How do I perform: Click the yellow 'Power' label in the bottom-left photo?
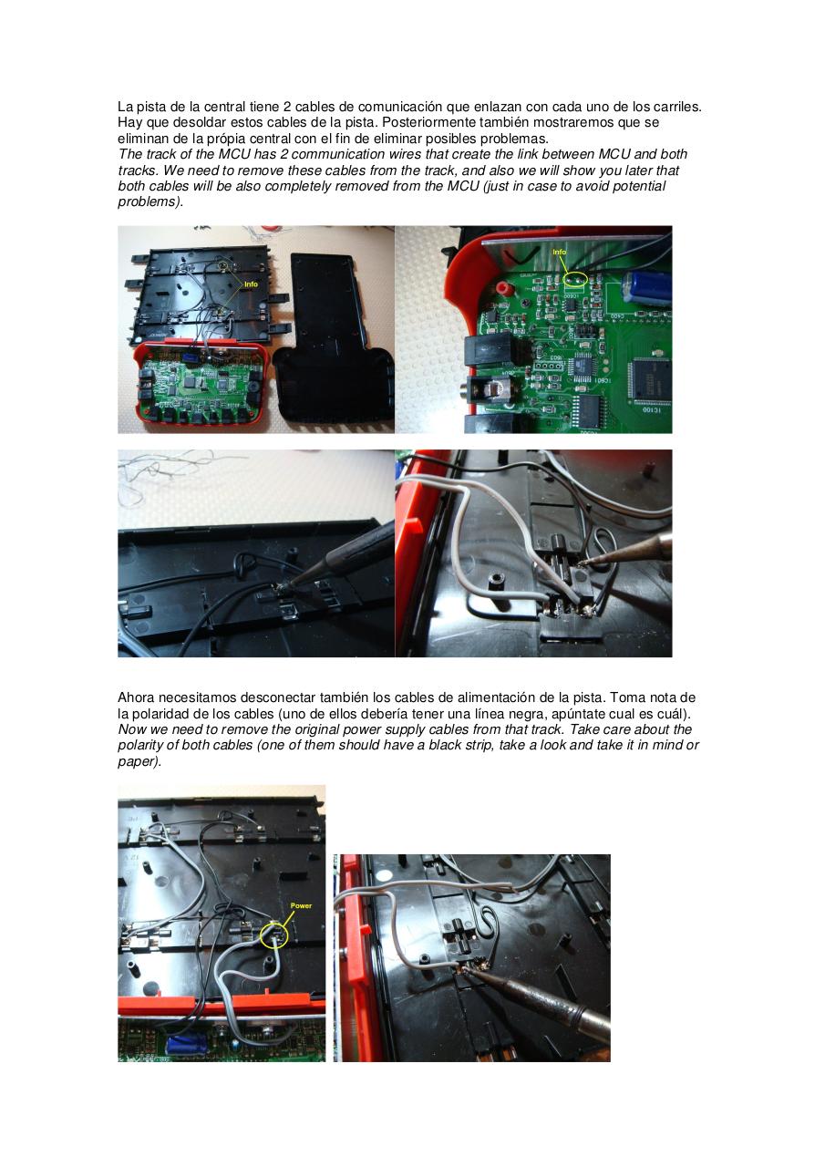click(x=301, y=905)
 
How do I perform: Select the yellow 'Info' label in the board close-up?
click(x=560, y=252)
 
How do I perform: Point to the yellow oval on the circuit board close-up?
click(x=574, y=277)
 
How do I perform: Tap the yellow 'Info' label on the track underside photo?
click(x=250, y=284)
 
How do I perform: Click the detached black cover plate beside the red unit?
click(x=334, y=337)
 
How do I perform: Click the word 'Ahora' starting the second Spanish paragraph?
click(x=137, y=697)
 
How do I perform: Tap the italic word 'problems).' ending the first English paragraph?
click(x=150, y=201)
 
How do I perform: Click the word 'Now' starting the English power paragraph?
click(x=131, y=729)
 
